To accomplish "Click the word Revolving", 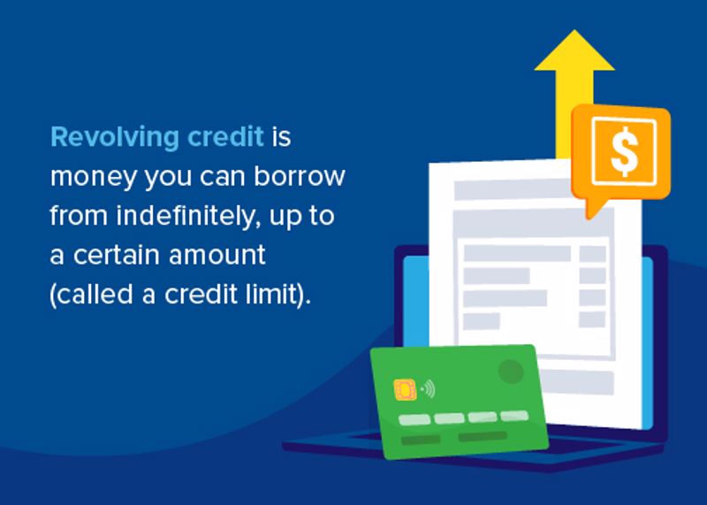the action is pyautogui.click(x=115, y=138).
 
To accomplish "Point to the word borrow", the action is pyautogui.click(x=300, y=175).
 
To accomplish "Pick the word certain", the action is pyautogui.click(x=116, y=256).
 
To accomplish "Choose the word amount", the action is pyautogui.click(x=217, y=256).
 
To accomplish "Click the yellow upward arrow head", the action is pyautogui.click(x=574, y=50).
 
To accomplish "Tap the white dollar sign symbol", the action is pyautogui.click(x=625, y=151).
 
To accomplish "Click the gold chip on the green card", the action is pyautogui.click(x=405, y=390).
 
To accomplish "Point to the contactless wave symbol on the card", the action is pyautogui.click(x=428, y=388).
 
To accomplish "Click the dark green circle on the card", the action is pyautogui.click(x=511, y=371).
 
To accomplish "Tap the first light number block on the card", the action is pyautogui.click(x=414, y=420).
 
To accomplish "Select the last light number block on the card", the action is pyautogui.click(x=514, y=415).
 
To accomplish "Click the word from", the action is pyautogui.click(x=79, y=216).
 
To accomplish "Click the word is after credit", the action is pyautogui.click(x=281, y=136).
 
